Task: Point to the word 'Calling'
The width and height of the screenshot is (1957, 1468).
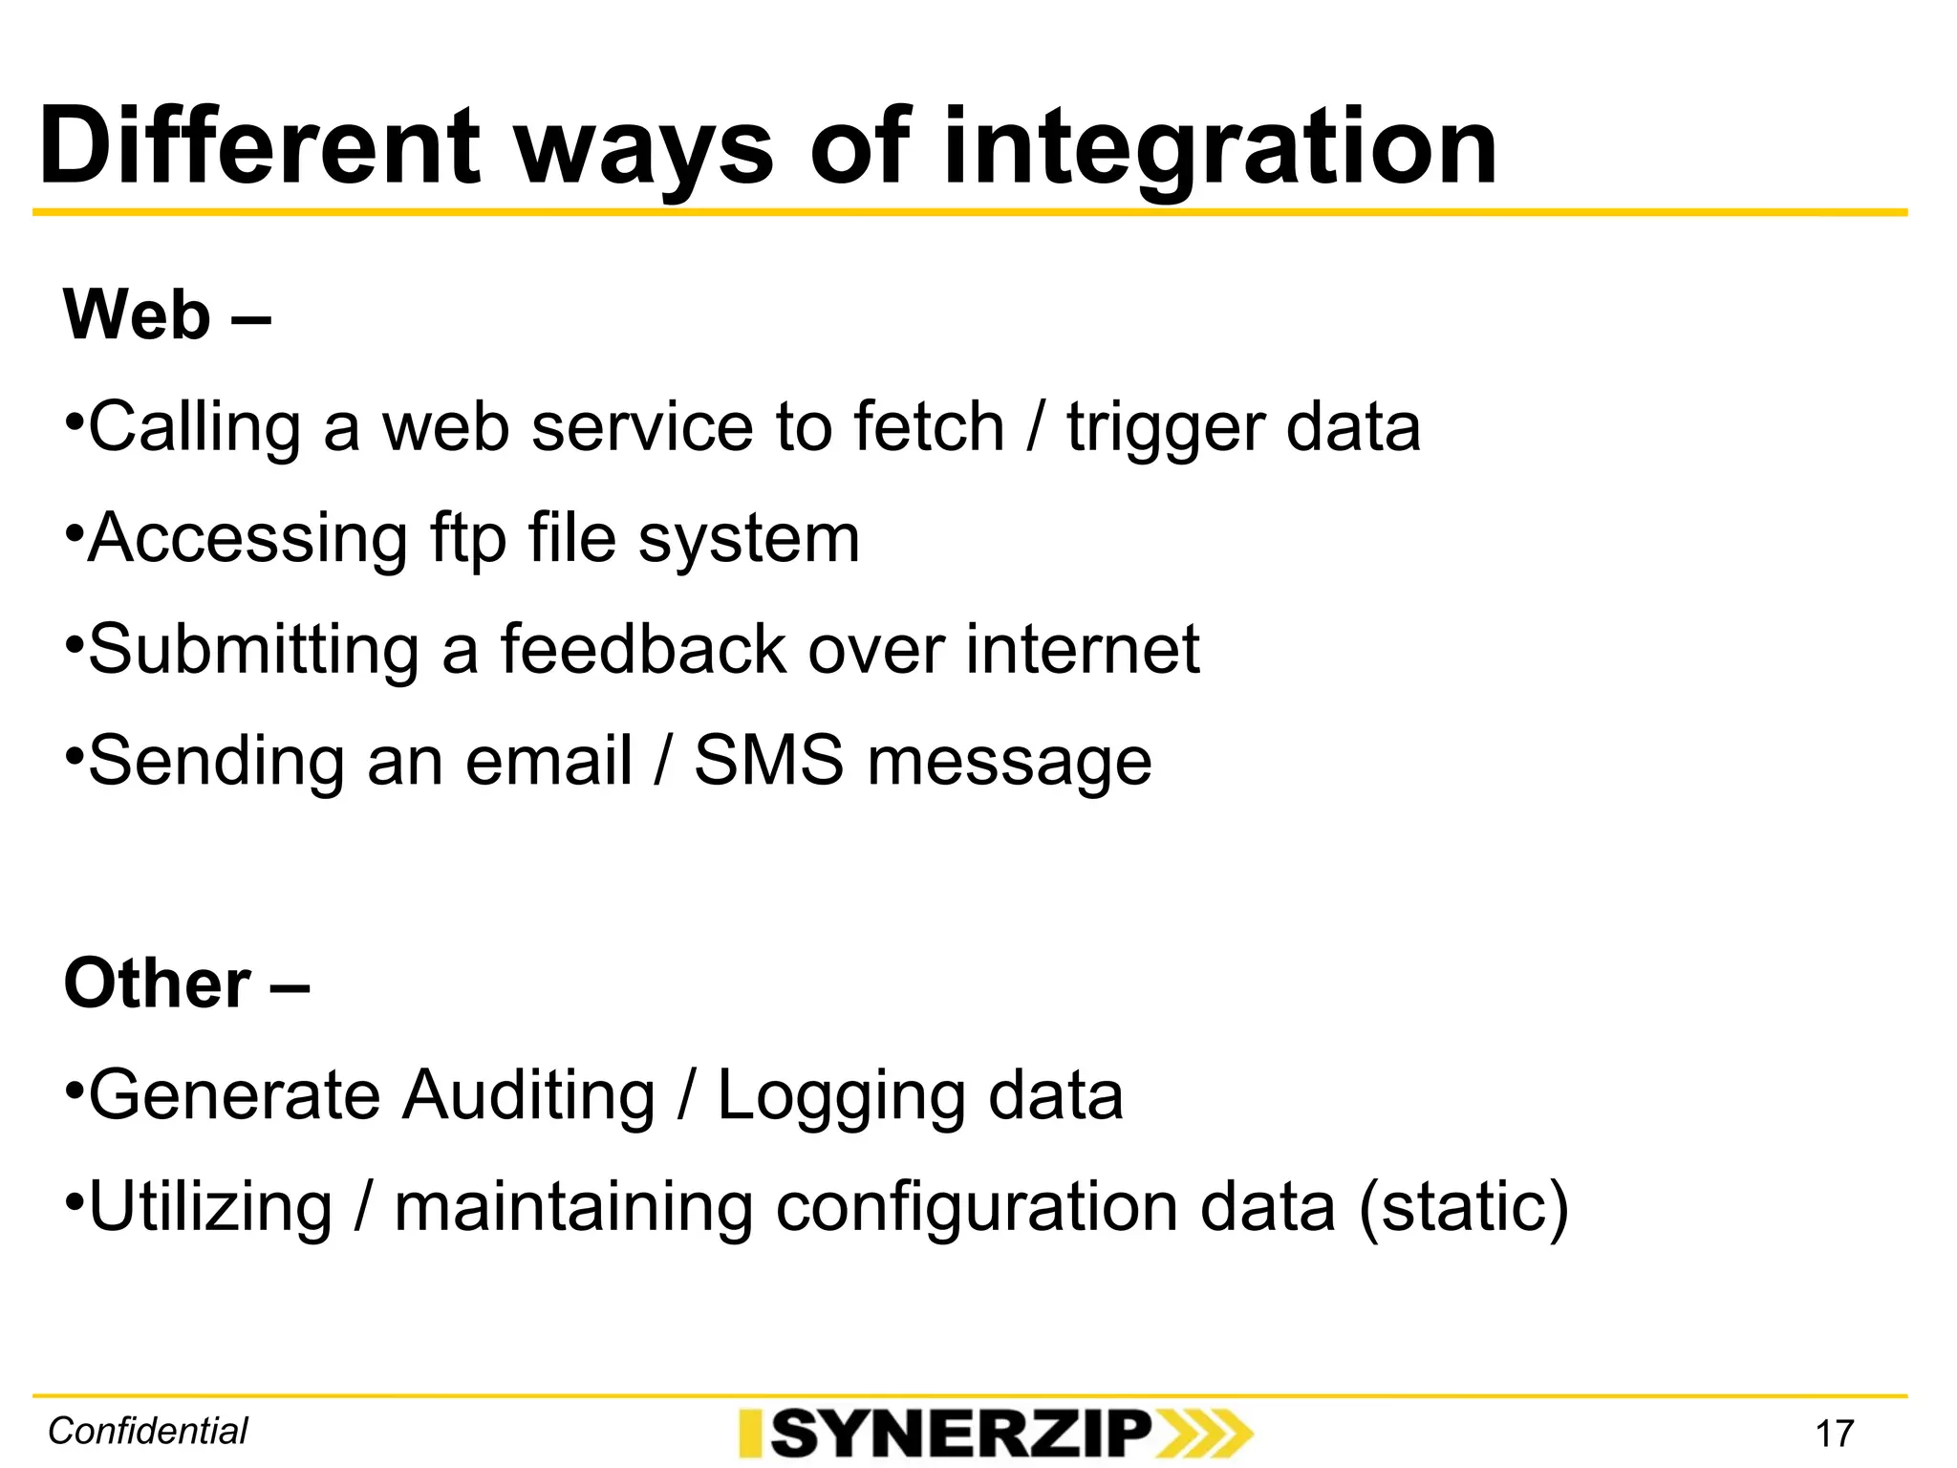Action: click(195, 427)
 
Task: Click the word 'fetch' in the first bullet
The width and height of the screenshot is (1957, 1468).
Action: click(929, 427)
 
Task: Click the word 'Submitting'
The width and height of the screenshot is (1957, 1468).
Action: click(253, 651)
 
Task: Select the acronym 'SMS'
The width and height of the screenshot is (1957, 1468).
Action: click(768, 762)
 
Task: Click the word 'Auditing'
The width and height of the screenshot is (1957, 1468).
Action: click(528, 1095)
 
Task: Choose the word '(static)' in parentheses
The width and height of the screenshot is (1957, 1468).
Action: click(1463, 1208)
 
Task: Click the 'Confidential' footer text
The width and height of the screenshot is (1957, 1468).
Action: click(148, 1432)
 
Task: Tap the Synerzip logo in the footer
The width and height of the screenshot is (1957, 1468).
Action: click(995, 1434)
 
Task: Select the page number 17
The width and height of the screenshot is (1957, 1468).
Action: click(1834, 1434)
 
